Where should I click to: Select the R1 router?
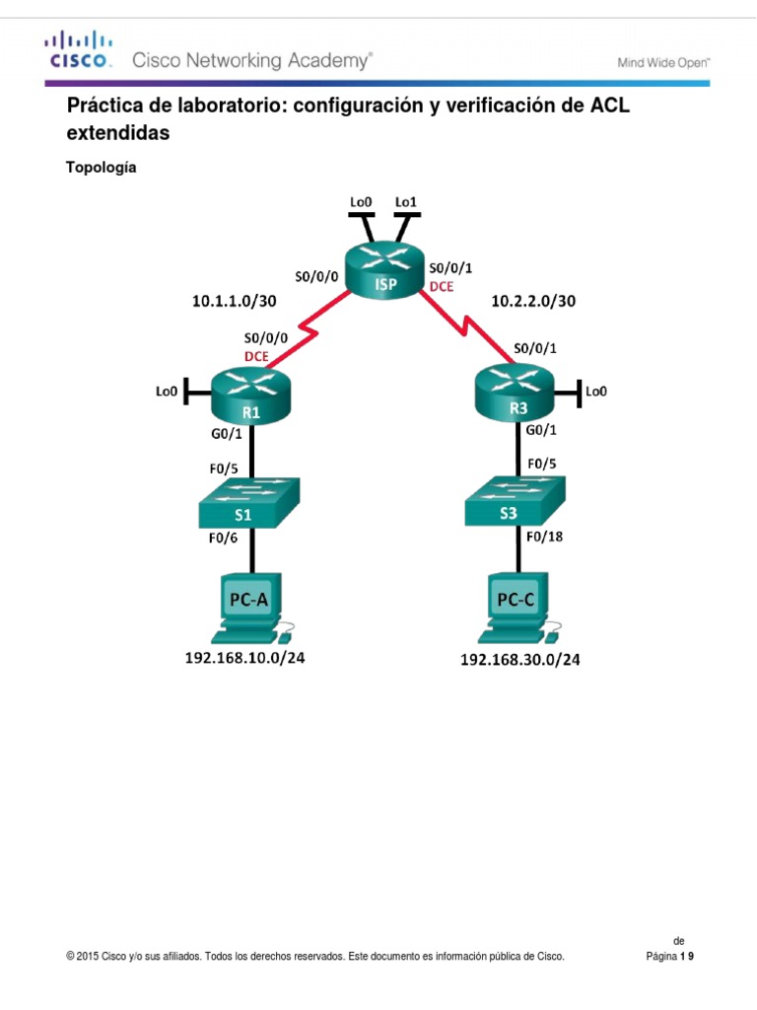[x=251, y=395]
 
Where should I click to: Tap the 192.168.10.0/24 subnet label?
[x=245, y=659]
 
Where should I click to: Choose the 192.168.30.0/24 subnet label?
[x=519, y=661]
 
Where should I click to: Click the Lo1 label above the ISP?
[x=406, y=202]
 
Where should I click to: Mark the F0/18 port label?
[x=544, y=537]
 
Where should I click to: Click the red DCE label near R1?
[x=256, y=355]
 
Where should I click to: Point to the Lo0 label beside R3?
[x=596, y=392]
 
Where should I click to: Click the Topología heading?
[x=101, y=168]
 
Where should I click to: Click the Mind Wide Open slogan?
[x=663, y=62]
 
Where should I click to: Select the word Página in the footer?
[x=659, y=956]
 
